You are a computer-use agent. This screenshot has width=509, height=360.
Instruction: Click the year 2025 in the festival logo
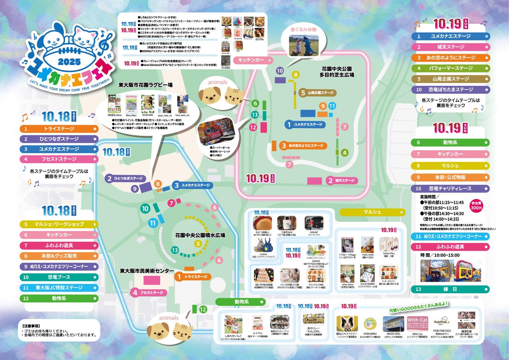pyautogui.click(x=69, y=62)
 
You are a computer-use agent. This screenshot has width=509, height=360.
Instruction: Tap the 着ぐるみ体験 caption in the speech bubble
pyautogui.click(x=303, y=29)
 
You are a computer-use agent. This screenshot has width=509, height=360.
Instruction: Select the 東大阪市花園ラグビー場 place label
pyautogui.click(x=145, y=85)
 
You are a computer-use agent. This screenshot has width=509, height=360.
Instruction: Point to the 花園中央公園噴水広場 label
pyautogui.click(x=200, y=235)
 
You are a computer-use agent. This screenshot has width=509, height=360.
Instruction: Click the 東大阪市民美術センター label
pyautogui.click(x=147, y=271)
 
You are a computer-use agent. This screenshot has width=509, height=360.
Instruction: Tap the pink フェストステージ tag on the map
pyautogui.click(x=148, y=292)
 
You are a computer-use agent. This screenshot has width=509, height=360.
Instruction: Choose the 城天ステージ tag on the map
pyautogui.click(x=342, y=181)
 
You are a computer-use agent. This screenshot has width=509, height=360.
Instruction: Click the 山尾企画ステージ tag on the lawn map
pyautogui.click(x=317, y=93)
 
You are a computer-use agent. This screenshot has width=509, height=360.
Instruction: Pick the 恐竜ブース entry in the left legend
pyautogui.click(x=59, y=277)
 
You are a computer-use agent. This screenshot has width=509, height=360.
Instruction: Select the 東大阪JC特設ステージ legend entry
pyautogui.click(x=59, y=288)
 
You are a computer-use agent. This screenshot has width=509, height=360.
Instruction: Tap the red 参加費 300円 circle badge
pyautogui.click(x=476, y=205)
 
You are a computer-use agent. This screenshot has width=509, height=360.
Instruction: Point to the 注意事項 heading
pyautogui.click(x=31, y=326)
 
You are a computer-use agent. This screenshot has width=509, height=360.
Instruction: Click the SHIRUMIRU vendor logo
pyautogui.click(x=370, y=323)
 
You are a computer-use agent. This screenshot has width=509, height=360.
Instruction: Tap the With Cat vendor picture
pyautogui.click(x=417, y=324)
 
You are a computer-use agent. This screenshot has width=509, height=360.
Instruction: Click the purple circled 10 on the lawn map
pyautogui.click(x=280, y=71)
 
